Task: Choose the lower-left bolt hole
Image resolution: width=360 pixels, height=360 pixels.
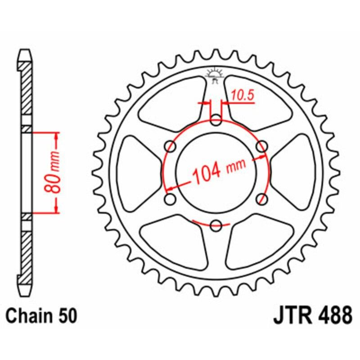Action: click(x=171, y=198)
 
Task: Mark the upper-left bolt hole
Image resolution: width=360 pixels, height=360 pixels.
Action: click(x=171, y=146)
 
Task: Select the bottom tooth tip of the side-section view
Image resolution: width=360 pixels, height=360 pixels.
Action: click(x=26, y=291)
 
